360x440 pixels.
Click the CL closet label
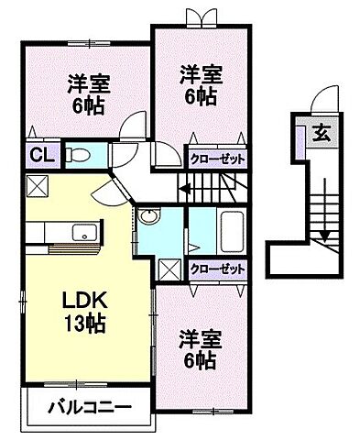(40, 155)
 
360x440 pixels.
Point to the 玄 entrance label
(324, 133)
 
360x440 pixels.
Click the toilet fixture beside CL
(78, 155)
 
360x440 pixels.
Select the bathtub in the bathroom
(231, 230)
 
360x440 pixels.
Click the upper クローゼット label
(218, 157)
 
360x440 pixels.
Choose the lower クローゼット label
(218, 269)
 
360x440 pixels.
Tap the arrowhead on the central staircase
(183, 191)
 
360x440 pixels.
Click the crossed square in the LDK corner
(38, 186)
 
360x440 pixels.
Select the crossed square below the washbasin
(169, 269)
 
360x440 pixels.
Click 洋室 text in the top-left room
(89, 84)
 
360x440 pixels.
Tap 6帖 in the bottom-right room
(200, 360)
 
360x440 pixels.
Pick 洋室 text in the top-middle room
(200, 72)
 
